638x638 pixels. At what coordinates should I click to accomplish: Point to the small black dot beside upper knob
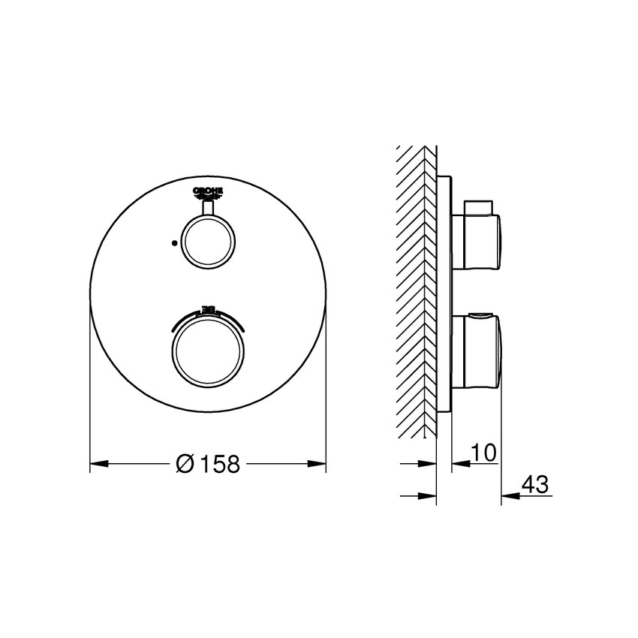(x=174, y=243)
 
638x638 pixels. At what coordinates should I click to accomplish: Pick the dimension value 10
(x=486, y=453)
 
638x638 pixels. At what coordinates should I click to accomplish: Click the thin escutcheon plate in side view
(x=446, y=293)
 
